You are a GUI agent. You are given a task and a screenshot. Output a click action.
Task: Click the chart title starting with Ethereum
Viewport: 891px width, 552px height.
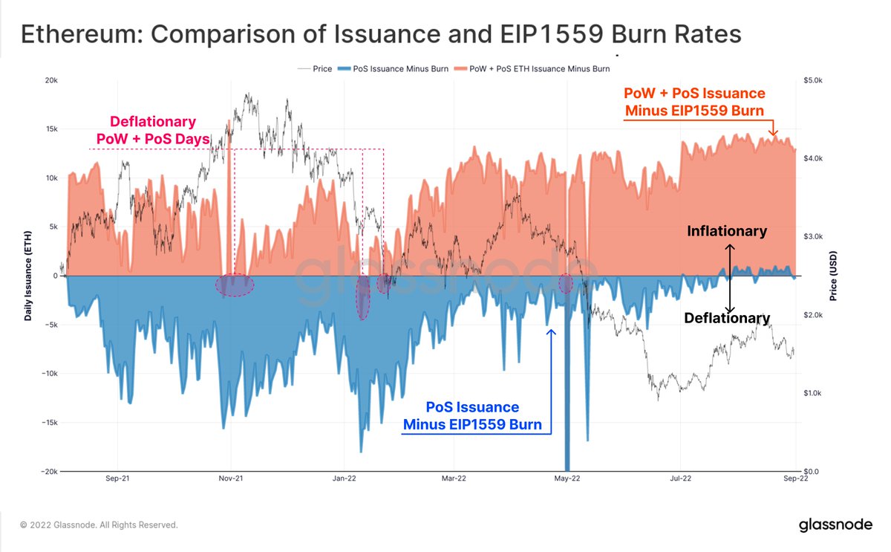pos(381,35)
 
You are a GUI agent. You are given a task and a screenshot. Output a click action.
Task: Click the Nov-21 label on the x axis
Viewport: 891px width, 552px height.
pos(231,479)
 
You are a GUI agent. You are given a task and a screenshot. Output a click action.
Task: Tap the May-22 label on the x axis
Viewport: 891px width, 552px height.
pos(567,479)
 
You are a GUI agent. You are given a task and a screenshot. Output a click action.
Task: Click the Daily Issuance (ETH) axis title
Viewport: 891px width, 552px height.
pos(27,276)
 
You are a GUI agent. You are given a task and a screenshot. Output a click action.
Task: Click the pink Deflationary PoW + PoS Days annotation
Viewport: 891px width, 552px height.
pos(153,129)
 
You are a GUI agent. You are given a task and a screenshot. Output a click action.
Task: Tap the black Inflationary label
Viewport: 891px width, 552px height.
pos(726,231)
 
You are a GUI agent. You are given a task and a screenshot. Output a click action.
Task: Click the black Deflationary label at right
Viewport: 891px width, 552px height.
pos(726,318)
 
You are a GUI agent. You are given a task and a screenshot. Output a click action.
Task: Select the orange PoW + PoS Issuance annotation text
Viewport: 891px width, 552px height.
pos(694,103)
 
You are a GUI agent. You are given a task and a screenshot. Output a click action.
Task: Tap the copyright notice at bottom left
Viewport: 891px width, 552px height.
pos(99,525)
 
